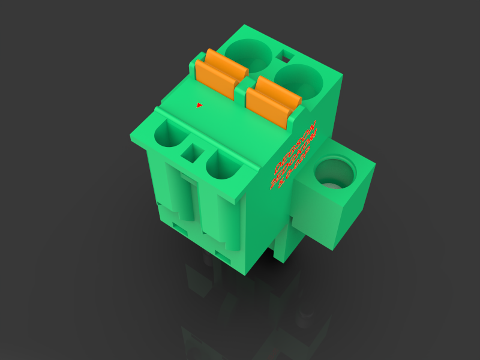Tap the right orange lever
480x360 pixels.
coord(273,100)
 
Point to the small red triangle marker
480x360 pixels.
coord(199,105)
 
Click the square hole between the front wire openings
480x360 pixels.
coord(194,152)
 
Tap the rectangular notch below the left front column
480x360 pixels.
coord(180,226)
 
